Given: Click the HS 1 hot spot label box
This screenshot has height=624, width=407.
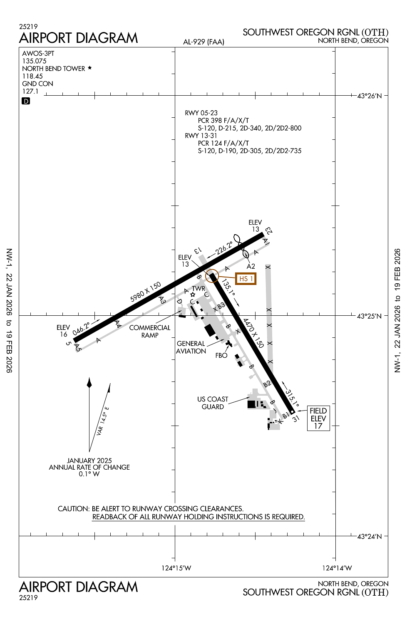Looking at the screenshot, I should (246, 279).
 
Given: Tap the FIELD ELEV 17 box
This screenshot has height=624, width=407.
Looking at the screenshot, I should (318, 418).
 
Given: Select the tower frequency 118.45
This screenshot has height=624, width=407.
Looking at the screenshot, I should (32, 76).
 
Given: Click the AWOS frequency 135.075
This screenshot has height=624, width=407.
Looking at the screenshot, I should (35, 61).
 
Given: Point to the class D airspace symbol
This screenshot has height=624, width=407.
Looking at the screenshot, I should (26, 101).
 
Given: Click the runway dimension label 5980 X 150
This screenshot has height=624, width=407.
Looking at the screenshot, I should (145, 292).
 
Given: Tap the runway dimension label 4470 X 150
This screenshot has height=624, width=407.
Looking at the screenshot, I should (253, 333).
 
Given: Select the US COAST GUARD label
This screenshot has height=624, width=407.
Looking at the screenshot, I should (213, 403).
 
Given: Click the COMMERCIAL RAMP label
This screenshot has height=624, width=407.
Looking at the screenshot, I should (150, 331).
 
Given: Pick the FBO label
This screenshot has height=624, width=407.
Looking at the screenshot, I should (221, 355).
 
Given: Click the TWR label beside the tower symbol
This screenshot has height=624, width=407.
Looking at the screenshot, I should (199, 288).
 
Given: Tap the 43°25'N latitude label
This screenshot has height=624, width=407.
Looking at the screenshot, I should (369, 316).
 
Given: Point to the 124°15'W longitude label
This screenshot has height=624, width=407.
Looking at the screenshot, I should (176, 568).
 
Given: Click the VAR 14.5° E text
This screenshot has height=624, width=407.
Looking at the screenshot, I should (102, 421).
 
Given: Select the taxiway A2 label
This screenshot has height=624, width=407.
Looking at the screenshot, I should (251, 266).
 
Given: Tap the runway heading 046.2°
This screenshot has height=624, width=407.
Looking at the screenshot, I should (81, 328).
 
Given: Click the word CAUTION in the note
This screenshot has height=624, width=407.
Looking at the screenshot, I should (73, 509).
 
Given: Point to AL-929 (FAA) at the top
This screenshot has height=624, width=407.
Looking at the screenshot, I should (203, 42).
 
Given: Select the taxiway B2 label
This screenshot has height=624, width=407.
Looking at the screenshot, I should (267, 384).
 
